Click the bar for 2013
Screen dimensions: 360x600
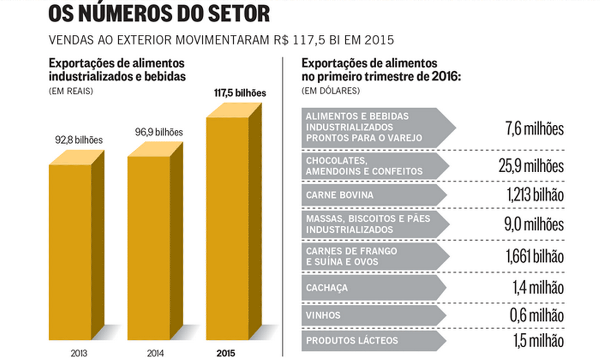(x=70, y=248)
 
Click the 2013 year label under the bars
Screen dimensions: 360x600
(x=78, y=352)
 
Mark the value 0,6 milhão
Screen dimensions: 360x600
(x=536, y=316)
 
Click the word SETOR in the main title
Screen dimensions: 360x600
(x=233, y=13)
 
